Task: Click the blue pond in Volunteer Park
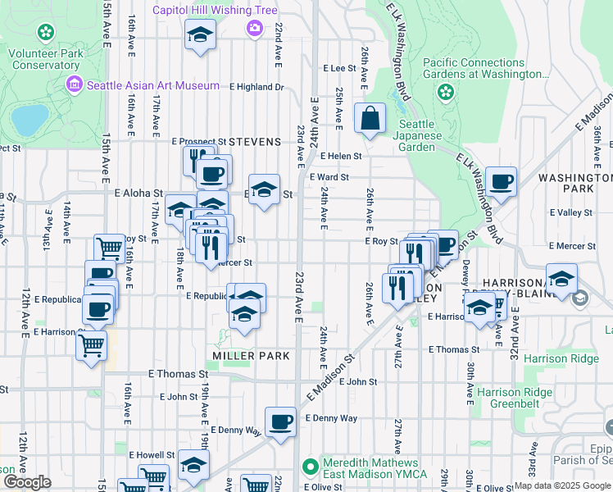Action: pyautogui.click(x=30, y=121)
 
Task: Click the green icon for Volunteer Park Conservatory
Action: pyautogui.click(x=46, y=33)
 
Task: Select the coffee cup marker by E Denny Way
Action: pyautogui.click(x=280, y=421)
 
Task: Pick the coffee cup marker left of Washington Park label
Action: pyautogui.click(x=501, y=182)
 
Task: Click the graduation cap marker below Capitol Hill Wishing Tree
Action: pyautogui.click(x=199, y=35)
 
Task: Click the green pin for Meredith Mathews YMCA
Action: pyautogui.click(x=310, y=467)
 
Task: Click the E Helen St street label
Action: pyautogui.click(x=341, y=156)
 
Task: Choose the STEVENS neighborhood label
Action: pyautogui.click(x=255, y=142)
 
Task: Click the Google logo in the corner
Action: pyautogui.click(x=26, y=482)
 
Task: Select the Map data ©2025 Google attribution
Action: pyautogui.click(x=562, y=485)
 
